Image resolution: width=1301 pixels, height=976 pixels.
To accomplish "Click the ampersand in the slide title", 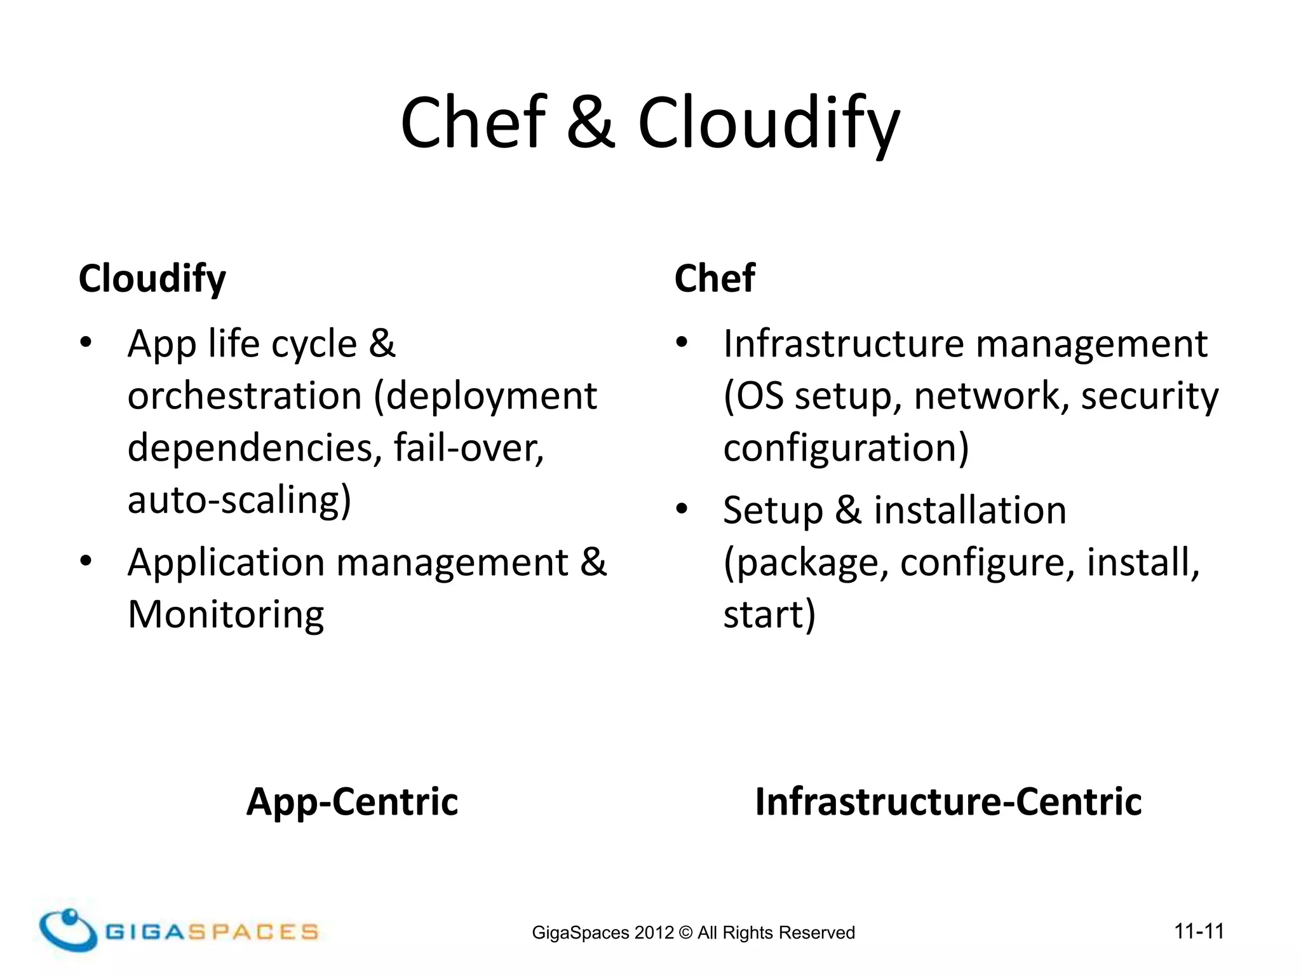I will (x=590, y=123).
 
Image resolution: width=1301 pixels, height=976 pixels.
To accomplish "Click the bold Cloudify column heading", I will (x=152, y=278).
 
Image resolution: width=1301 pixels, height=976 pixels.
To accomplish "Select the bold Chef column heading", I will (x=715, y=278).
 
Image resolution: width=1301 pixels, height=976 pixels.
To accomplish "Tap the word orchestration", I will (x=245, y=396).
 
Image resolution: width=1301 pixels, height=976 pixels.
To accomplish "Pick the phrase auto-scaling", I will (x=239, y=500).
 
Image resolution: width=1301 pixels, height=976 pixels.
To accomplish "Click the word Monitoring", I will (x=226, y=614).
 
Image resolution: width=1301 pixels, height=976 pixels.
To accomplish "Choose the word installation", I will (x=970, y=510).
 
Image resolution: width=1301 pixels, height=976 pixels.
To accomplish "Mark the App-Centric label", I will (x=352, y=801).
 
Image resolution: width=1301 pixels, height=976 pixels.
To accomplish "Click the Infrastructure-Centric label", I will (x=948, y=801).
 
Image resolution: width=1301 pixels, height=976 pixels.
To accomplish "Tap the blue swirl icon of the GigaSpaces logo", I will (x=67, y=930).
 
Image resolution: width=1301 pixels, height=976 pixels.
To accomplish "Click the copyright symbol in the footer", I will (x=685, y=933).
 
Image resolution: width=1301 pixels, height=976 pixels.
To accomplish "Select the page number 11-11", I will (x=1199, y=932).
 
